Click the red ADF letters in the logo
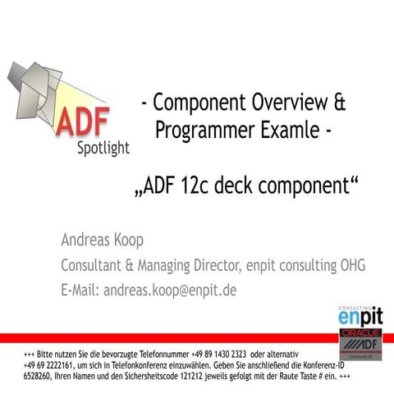[x=82, y=121]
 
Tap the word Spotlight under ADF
[x=103, y=149]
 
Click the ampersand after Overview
[x=338, y=103]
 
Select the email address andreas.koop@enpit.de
[x=170, y=290]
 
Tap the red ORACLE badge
[x=360, y=334]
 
